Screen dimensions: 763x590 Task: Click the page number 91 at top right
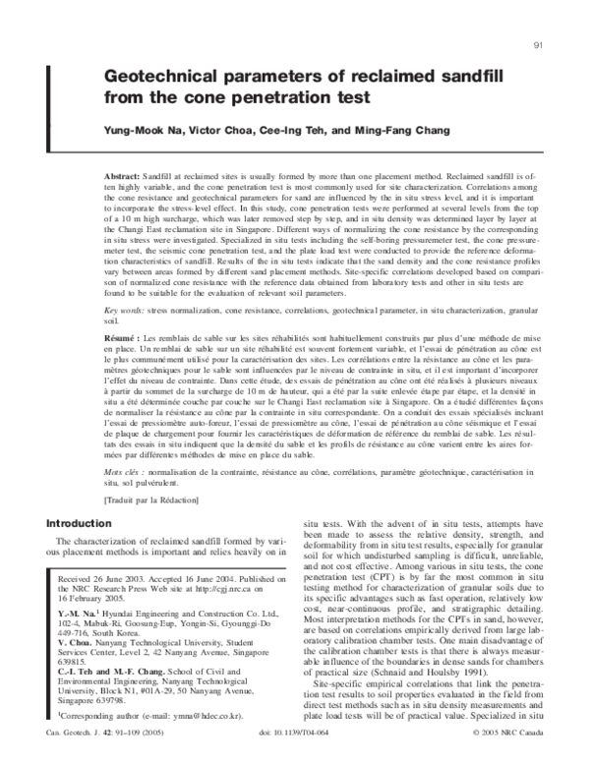pyautogui.click(x=538, y=46)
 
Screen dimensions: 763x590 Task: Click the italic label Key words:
pyautogui.click(x=125, y=310)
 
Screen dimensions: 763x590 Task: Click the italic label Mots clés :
pyautogui.click(x=125, y=474)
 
